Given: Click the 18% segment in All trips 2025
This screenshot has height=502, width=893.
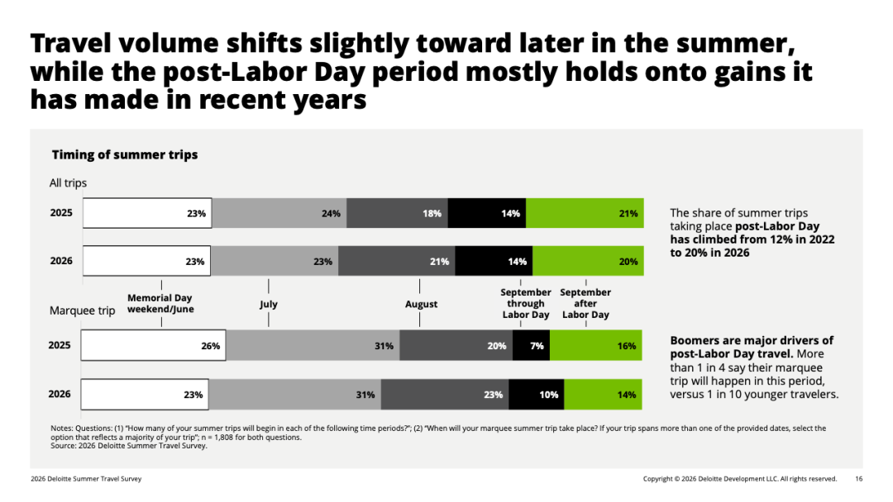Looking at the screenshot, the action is [397, 213].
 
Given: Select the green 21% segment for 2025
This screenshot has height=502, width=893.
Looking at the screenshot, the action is [585, 213].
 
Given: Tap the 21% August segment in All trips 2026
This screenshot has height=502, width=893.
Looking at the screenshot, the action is [397, 261].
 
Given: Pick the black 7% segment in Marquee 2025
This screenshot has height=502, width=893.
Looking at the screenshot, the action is [532, 345].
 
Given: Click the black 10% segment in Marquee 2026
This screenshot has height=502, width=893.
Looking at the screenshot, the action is [537, 394].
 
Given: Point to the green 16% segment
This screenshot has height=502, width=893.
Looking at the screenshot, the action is [595, 345].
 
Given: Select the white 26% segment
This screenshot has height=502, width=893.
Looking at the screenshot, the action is [153, 345].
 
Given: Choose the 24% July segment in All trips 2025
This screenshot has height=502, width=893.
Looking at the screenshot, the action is [279, 213].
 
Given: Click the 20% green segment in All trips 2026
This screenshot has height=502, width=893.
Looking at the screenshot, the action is [589, 261].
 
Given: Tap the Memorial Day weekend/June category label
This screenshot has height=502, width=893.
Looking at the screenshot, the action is [160, 304].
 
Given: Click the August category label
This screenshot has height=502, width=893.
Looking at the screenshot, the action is [422, 304].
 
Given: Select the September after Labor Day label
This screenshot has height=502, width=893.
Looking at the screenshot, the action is [585, 304].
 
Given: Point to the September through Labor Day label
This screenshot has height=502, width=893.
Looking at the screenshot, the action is [526, 304].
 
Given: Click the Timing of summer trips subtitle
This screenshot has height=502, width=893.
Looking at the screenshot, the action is [125, 154].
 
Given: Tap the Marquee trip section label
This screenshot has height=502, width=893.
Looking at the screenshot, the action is [82, 310].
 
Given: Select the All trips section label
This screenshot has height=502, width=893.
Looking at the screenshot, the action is [68, 183].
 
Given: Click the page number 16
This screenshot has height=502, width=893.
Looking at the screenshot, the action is [859, 479].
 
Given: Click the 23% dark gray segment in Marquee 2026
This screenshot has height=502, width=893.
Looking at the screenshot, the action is [445, 394].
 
